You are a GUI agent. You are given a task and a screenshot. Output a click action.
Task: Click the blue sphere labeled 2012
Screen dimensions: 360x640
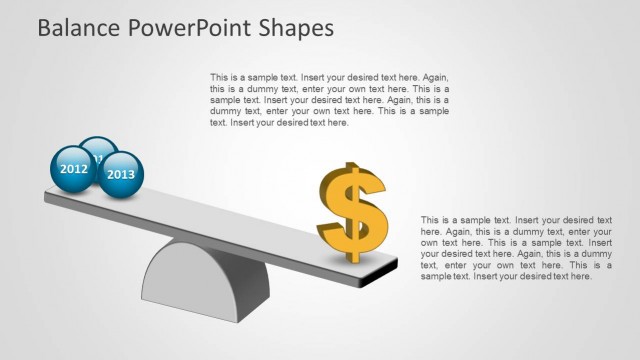click(x=74, y=169)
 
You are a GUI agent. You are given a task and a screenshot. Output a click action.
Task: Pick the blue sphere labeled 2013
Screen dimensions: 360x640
click(x=121, y=174)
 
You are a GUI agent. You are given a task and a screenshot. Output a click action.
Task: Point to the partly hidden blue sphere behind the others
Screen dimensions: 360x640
click(x=98, y=148)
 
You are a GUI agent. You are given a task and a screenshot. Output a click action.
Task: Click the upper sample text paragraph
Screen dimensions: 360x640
click(x=329, y=100)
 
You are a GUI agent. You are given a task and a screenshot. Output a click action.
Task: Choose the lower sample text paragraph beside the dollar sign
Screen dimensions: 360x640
click(x=516, y=247)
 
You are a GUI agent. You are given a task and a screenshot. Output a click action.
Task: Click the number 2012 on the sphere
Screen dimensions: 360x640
click(x=74, y=169)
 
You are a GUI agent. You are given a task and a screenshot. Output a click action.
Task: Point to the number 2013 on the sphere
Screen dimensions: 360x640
click(x=121, y=174)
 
